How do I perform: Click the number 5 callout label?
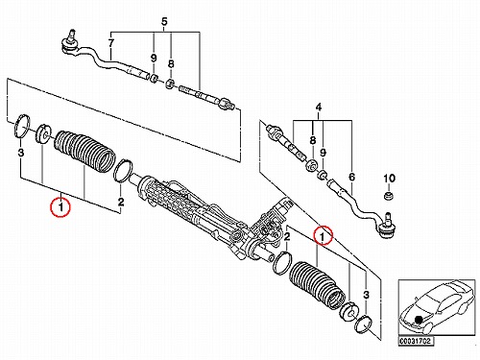164,22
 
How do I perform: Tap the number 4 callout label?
319,108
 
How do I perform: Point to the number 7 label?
110,43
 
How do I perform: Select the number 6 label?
351,177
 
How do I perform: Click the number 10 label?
389,179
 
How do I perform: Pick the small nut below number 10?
389,195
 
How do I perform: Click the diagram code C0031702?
416,341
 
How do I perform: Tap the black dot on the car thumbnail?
419,320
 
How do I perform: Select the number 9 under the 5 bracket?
154,59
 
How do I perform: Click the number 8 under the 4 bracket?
313,140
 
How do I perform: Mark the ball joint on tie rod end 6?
387,227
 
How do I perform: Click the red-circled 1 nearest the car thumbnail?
323,236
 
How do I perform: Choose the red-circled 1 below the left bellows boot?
60,207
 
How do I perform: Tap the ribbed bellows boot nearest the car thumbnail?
317,286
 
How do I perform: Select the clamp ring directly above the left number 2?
123,172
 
